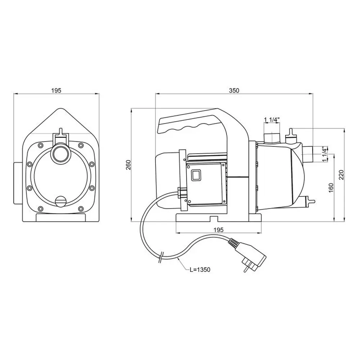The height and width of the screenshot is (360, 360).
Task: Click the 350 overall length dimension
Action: tap(234, 90)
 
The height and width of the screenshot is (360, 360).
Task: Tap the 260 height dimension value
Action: tap(129, 165)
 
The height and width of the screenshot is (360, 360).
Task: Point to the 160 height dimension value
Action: tap(331, 188)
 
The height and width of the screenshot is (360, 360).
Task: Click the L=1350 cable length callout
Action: tap(200, 270)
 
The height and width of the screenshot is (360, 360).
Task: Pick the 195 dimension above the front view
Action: tap(56, 90)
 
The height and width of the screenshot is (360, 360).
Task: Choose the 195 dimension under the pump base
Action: tap(219, 230)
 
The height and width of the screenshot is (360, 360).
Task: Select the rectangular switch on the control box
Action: tap(196, 175)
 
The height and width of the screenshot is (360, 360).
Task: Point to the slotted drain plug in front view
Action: tap(60, 201)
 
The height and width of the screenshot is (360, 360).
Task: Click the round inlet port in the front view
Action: tap(60, 152)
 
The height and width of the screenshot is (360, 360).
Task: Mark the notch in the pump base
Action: tap(214, 219)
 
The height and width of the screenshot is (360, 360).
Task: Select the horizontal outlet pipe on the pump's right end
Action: tap(309, 154)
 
